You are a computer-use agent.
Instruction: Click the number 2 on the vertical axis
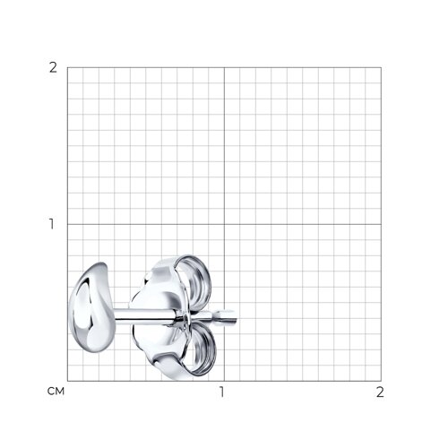click(x=53, y=68)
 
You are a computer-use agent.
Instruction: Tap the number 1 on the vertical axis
click(x=52, y=224)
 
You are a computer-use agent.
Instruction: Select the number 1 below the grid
click(x=221, y=392)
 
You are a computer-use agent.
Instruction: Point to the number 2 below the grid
click(x=380, y=392)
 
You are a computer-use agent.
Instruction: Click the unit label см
click(x=56, y=392)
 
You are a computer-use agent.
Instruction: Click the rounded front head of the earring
click(x=91, y=307)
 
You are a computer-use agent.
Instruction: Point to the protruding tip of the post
click(x=236, y=317)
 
